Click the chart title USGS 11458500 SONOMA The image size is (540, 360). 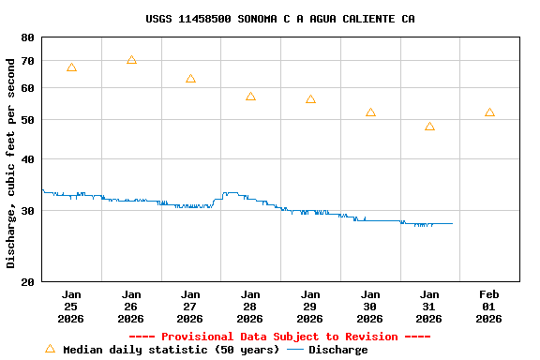[x=280, y=19]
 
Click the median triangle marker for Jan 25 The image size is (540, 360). [x=71, y=67]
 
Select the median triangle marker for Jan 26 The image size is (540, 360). [x=131, y=60]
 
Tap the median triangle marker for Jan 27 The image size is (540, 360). [x=190, y=79]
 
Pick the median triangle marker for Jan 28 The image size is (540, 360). [x=250, y=97]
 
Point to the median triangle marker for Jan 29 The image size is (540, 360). [x=310, y=99]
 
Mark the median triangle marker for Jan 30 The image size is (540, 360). [x=370, y=112]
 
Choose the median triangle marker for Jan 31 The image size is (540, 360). [x=429, y=127]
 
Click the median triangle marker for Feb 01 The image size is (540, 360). [x=489, y=112]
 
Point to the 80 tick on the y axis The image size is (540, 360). [x=26, y=37]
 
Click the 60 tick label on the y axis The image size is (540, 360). [x=26, y=88]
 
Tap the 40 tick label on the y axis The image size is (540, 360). [x=26, y=159]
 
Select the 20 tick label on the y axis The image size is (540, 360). [x=26, y=281]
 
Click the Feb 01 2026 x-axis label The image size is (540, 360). [x=488, y=306]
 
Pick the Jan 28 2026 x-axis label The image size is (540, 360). [x=250, y=306]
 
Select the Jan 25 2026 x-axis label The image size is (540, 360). [x=71, y=306]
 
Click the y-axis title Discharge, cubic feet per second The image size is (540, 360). [x=11, y=163]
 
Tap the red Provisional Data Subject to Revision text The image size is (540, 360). [x=279, y=337]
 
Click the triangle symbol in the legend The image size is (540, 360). [x=50, y=349]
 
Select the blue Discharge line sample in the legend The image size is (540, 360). [x=295, y=350]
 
